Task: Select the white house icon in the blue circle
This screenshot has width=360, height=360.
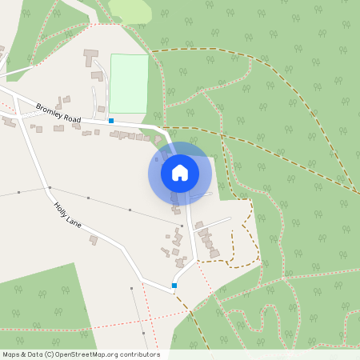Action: [x=180, y=172]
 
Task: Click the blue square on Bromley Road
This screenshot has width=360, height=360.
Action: [x=111, y=121]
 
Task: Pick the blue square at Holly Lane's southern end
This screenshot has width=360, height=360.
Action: [x=174, y=286]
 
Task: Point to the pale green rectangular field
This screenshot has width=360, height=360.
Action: [x=129, y=83]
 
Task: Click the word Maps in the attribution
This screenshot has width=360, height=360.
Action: [x=11, y=354]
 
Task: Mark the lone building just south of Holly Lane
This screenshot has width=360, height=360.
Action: [x=94, y=239]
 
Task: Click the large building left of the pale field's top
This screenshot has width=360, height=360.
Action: [x=89, y=58]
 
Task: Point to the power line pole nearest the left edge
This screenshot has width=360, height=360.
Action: [x=18, y=193]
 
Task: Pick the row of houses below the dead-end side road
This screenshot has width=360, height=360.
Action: [x=207, y=242]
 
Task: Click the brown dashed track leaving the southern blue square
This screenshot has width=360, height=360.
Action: [x=192, y=315]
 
